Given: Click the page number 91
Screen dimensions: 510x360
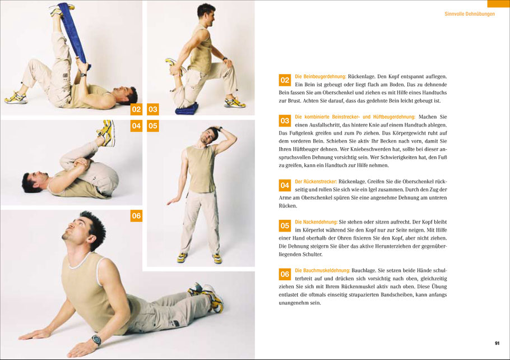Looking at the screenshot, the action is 497,343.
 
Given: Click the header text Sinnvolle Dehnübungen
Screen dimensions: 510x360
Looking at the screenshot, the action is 469,14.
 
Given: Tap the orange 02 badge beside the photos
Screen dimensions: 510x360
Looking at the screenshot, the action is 136,109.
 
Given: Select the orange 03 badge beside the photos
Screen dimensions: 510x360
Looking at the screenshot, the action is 153,109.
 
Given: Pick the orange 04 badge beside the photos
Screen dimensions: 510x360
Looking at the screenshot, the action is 136,126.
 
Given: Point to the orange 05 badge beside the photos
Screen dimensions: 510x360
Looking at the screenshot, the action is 153,126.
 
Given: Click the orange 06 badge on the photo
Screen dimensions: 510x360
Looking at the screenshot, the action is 136,216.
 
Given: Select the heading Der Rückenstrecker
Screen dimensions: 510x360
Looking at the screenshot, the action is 316,182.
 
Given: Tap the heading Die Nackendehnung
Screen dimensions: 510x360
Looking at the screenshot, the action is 316,222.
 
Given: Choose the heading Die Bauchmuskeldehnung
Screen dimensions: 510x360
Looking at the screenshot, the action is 322,270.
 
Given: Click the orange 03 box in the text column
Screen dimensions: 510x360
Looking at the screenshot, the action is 285,121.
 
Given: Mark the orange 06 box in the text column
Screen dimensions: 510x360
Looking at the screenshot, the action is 285,274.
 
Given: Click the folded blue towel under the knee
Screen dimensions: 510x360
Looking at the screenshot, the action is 187,109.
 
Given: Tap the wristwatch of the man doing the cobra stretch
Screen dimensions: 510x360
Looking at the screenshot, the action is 96,340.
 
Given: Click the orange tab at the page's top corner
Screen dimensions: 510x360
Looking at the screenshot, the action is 498,3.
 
